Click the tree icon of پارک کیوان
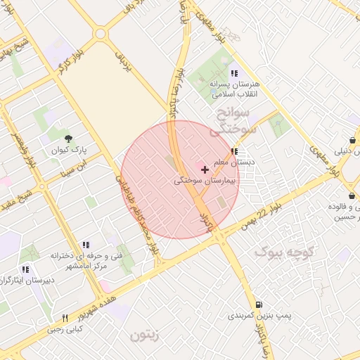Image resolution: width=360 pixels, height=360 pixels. click(x=68, y=139)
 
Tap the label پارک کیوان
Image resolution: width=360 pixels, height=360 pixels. click(x=68, y=150)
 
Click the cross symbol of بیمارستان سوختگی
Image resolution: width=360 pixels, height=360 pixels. click(x=205, y=169)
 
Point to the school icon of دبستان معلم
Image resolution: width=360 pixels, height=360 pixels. click(x=233, y=151)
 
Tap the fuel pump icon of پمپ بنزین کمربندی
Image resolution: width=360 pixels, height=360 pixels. click(x=259, y=305)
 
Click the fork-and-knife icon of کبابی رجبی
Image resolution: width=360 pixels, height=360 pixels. click(x=65, y=318)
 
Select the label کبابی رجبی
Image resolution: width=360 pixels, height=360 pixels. click(x=65, y=328)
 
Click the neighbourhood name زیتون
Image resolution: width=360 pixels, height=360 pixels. click(x=145, y=335)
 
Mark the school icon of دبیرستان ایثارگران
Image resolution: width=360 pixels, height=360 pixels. click(x=25, y=269)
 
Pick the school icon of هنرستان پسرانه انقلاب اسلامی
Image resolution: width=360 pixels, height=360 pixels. click(x=233, y=72)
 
